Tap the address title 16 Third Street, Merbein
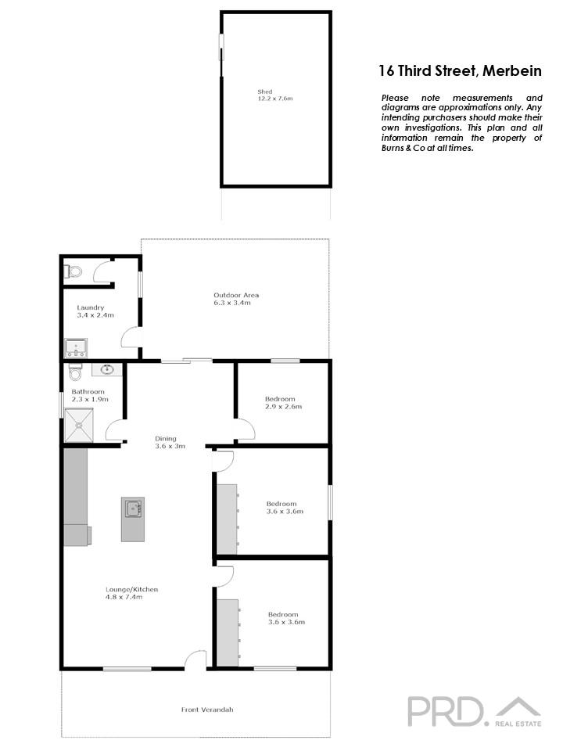(x=460, y=70)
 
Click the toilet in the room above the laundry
(x=74, y=271)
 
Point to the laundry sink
(x=77, y=347)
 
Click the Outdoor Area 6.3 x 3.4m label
(x=236, y=298)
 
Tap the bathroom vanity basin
(x=106, y=370)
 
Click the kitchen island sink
(x=133, y=508)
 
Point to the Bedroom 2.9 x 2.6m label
(x=282, y=402)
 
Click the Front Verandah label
(x=207, y=710)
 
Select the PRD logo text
(x=446, y=710)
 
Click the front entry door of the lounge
(x=195, y=662)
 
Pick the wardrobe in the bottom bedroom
(x=227, y=632)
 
